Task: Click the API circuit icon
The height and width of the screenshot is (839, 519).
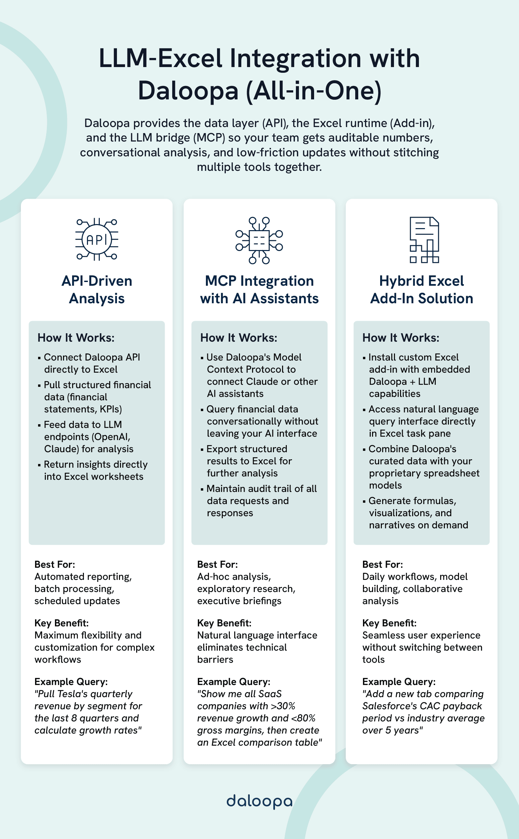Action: [x=97, y=240]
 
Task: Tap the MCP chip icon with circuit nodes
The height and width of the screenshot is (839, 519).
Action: [x=259, y=240]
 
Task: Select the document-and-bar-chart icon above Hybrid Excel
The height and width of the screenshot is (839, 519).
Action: [x=424, y=240]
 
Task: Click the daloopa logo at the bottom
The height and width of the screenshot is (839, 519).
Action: [x=259, y=801]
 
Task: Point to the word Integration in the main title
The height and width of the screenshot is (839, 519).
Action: [x=295, y=58]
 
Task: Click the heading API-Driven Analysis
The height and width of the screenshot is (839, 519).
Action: [x=97, y=290]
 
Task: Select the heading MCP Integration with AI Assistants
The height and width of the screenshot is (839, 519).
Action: [x=259, y=290]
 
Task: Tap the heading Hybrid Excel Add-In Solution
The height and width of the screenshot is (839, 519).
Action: [x=422, y=290]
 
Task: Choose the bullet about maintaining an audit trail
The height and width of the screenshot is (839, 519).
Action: [x=261, y=501]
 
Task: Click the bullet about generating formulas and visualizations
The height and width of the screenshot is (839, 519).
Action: [x=418, y=512]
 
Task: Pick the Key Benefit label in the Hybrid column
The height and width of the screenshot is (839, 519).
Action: [x=389, y=623]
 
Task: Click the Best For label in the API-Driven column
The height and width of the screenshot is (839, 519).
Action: [x=55, y=564]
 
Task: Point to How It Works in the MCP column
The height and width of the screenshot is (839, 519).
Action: [x=239, y=338]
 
